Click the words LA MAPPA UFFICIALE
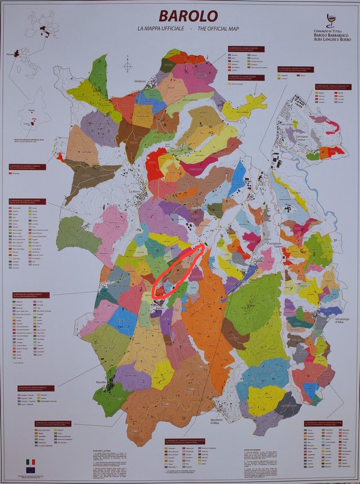point(157,28)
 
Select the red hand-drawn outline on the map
point(178,270)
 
